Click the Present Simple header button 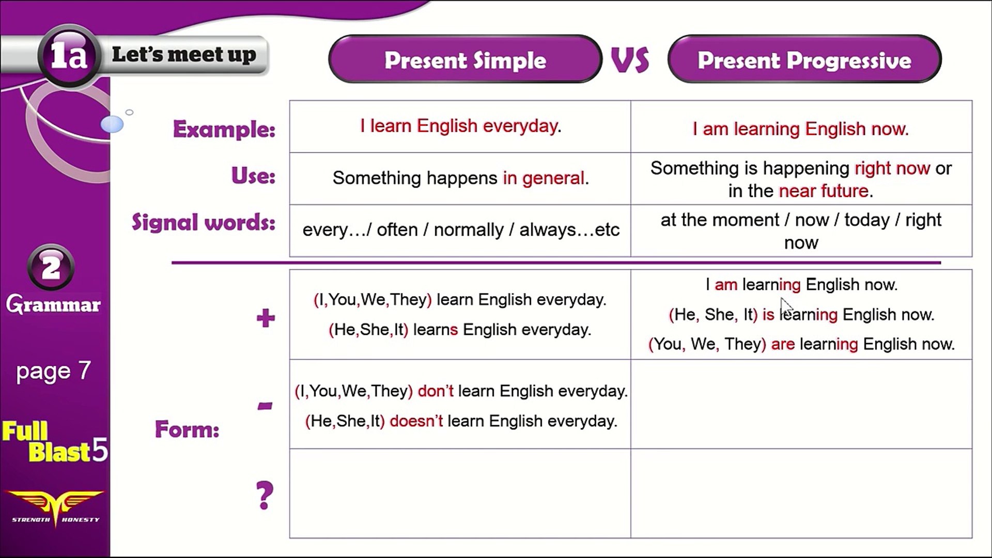tap(465, 59)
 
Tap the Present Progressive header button tap(804, 59)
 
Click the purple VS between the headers tap(630, 60)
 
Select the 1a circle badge tap(69, 55)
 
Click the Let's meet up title tap(184, 54)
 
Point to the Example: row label tap(224, 129)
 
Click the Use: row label tap(253, 176)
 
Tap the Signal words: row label tap(204, 222)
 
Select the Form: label tap(187, 429)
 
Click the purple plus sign tap(266, 318)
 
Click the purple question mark tap(265, 495)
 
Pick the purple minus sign tap(265, 406)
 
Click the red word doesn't tap(416, 421)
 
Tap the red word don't tap(436, 391)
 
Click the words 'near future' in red tap(824, 191)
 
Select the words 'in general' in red tap(544, 178)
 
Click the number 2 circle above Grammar tap(51, 267)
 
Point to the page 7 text tap(53, 371)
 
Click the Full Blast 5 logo tap(55, 442)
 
